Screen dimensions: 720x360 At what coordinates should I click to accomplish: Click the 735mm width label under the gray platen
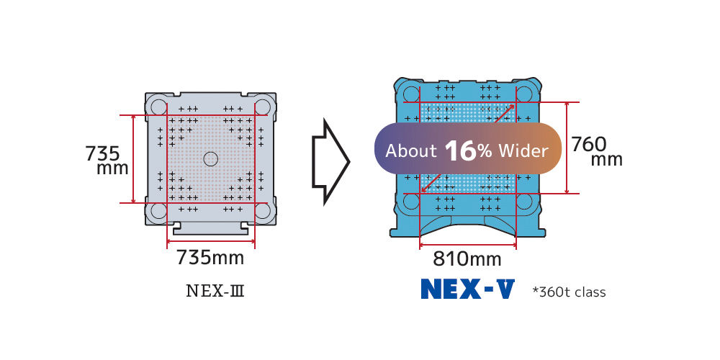[210, 258]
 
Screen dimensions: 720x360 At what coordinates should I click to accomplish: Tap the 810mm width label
[467, 259]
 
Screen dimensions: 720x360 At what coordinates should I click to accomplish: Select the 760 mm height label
[597, 152]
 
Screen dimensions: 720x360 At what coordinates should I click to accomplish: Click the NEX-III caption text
[215, 291]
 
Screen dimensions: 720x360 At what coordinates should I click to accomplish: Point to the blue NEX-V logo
[468, 289]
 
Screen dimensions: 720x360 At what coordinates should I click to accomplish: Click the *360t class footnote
[569, 292]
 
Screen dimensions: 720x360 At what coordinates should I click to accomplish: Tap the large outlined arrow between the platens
[330, 161]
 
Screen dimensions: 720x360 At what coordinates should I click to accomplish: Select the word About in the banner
[411, 150]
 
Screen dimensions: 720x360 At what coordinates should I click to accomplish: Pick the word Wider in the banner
[523, 150]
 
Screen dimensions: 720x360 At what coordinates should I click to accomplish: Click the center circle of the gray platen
[210, 159]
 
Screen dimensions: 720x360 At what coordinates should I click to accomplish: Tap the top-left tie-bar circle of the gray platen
[158, 107]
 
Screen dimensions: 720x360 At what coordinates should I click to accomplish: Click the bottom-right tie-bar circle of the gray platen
[263, 210]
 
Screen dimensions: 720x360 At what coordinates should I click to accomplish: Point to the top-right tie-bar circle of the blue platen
[524, 94]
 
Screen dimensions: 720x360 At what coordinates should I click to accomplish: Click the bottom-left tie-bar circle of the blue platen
[411, 201]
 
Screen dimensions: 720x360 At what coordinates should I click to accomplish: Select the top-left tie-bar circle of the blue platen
[411, 94]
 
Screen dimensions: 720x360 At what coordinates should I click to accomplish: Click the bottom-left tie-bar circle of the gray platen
[158, 210]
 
